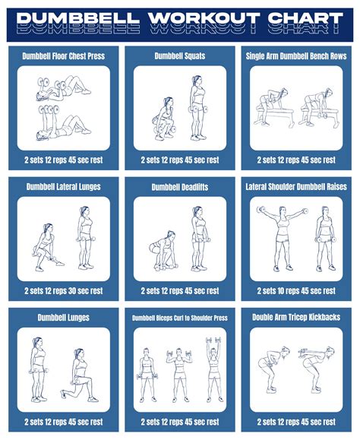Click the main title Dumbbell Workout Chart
click(x=180, y=18)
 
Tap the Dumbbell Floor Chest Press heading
click(x=64, y=56)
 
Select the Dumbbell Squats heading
click(x=180, y=56)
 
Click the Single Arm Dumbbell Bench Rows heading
click(x=297, y=56)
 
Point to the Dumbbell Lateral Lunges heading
click(x=64, y=187)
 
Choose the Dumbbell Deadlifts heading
click(x=180, y=187)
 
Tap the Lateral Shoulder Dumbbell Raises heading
click(x=297, y=187)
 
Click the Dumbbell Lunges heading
click(x=64, y=318)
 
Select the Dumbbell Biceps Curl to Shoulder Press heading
click(x=180, y=318)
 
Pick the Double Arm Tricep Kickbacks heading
click(x=297, y=318)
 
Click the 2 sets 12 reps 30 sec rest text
click(x=64, y=291)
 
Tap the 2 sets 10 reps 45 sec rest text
click(x=297, y=291)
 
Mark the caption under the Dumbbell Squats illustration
click(x=180, y=160)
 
